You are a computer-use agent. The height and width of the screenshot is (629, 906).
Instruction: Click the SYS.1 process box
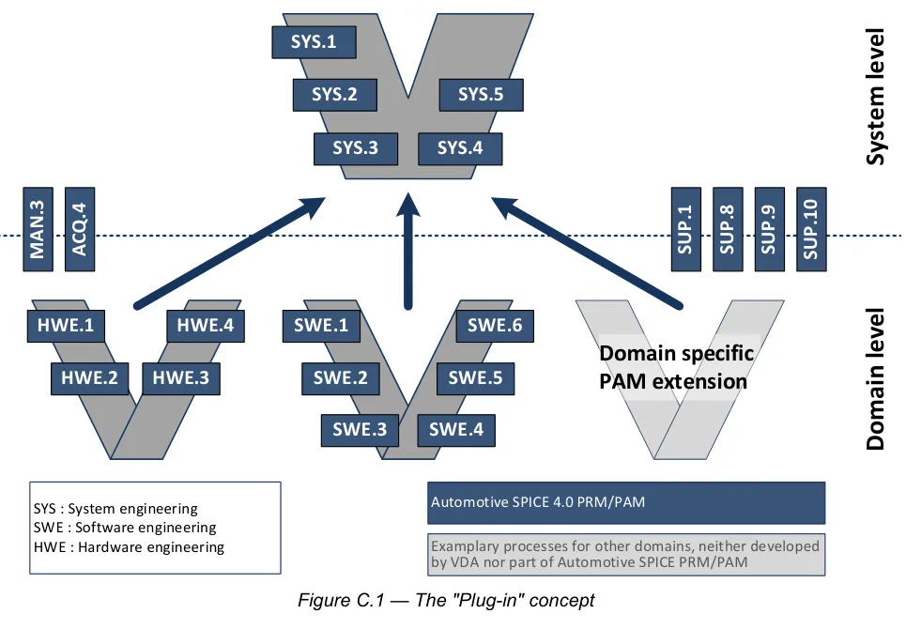(314, 42)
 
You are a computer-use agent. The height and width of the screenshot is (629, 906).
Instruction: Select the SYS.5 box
(482, 95)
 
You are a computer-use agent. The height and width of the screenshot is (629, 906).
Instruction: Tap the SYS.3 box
(356, 148)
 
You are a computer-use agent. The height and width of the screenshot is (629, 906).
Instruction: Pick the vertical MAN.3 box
(38, 229)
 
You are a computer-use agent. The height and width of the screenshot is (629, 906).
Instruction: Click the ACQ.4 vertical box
(80, 229)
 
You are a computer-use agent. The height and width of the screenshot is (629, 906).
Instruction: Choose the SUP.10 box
(811, 229)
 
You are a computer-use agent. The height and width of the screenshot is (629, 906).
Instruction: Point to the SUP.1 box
(686, 229)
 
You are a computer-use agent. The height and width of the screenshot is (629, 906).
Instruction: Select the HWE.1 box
(66, 326)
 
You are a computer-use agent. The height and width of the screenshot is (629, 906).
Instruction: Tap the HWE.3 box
(181, 378)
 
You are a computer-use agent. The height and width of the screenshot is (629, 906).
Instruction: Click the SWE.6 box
(495, 326)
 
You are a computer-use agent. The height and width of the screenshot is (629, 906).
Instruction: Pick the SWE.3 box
(360, 430)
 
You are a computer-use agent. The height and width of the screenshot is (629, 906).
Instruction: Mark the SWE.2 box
(341, 378)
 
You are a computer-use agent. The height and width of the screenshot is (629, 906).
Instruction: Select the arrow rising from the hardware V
(230, 253)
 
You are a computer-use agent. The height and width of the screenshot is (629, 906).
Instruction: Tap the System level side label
(875, 97)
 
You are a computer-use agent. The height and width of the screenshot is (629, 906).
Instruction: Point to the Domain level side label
(875, 379)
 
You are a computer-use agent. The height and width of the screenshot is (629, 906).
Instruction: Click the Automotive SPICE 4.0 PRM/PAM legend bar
(626, 503)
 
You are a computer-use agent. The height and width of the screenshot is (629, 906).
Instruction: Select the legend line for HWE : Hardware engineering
(129, 547)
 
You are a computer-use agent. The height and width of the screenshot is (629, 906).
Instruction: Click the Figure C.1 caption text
(446, 601)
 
